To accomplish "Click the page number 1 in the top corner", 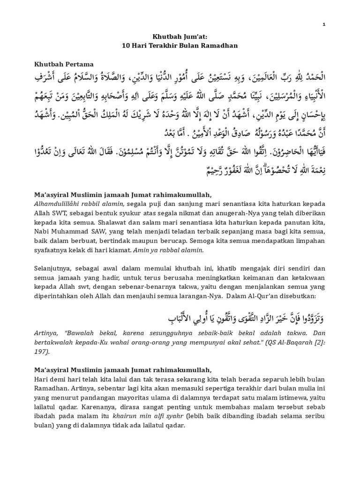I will click(323, 24).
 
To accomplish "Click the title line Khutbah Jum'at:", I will click(180, 37).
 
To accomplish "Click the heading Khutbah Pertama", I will click(64, 64).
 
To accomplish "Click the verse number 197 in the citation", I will click(41, 352).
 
